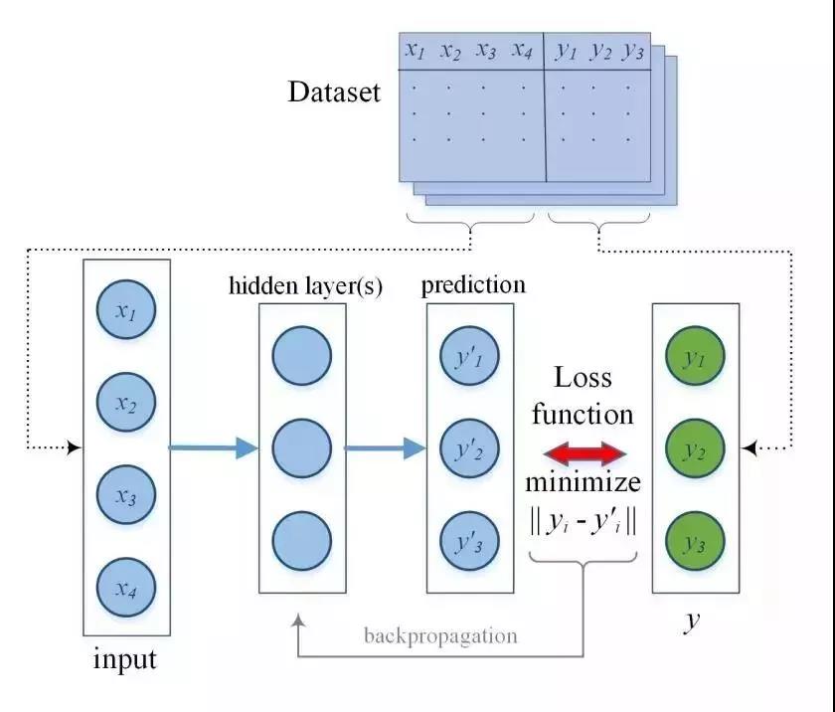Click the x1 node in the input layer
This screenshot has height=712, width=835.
click(125, 311)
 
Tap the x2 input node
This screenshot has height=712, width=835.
click(125, 404)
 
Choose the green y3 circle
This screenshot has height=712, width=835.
click(694, 542)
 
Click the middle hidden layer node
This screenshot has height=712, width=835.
click(300, 449)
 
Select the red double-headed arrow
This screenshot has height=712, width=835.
click(584, 454)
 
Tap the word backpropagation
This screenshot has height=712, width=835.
click(439, 635)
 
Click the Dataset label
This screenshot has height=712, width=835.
click(334, 93)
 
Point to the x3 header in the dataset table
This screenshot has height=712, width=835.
click(485, 51)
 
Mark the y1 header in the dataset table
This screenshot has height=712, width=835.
click(567, 52)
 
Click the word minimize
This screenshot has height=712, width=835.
click(583, 485)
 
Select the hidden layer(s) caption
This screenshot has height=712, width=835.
click(306, 286)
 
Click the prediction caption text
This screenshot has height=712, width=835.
click(473, 285)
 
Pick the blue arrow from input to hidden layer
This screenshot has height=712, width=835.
click(213, 448)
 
